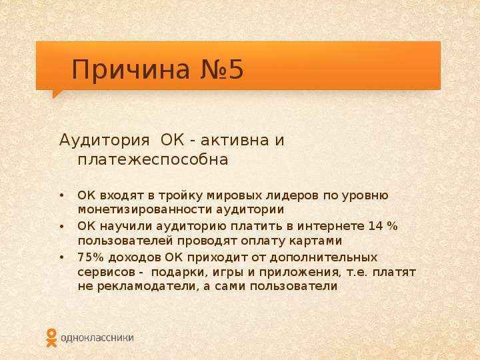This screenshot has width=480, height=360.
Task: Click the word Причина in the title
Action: coord(131,69)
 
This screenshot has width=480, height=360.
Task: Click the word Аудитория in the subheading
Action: coord(105,141)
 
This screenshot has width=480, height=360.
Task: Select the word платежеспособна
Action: coord(153,159)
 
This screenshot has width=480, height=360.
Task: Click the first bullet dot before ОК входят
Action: coord(62,195)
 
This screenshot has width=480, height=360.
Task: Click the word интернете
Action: coord(331,226)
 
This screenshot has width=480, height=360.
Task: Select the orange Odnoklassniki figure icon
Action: coord(51,338)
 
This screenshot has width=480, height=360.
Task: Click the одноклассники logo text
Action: coord(97,338)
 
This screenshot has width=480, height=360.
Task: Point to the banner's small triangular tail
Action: coord(57,94)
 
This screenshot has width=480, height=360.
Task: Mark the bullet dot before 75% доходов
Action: coord(62,257)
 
